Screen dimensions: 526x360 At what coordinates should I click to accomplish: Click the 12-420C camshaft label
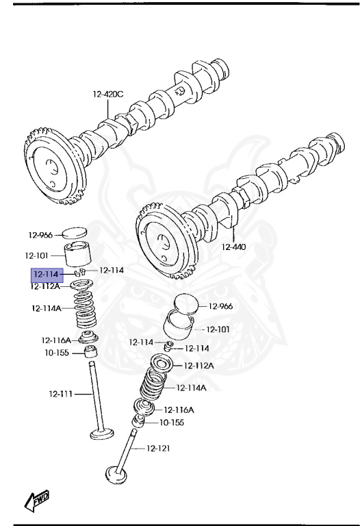click(x=109, y=94)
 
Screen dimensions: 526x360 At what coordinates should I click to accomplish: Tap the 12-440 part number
click(x=234, y=247)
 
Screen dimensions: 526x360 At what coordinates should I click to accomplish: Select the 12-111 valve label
click(x=60, y=394)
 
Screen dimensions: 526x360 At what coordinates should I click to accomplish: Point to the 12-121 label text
click(x=158, y=449)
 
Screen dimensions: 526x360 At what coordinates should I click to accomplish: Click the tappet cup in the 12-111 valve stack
click(x=77, y=255)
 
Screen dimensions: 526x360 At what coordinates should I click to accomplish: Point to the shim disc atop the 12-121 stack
click(x=187, y=304)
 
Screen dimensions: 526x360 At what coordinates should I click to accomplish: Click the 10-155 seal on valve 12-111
click(x=90, y=352)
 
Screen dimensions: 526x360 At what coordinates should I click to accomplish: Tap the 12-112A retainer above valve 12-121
click(x=164, y=364)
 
